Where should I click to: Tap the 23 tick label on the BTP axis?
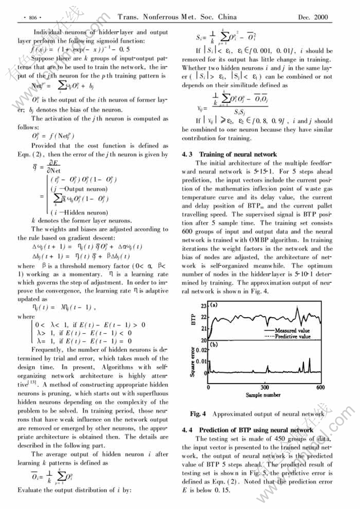click(x=203, y=306)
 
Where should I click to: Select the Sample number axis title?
click(x=263, y=395)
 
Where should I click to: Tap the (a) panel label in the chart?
click(x=214, y=306)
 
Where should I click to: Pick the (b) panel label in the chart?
click(x=214, y=345)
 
